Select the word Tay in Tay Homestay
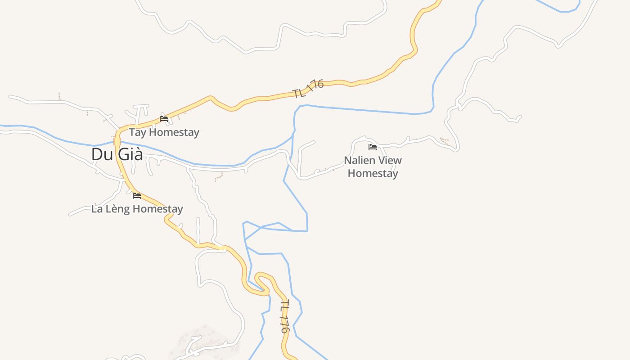pyautogui.click(x=138, y=133)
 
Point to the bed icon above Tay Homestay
pyautogui.click(x=164, y=119)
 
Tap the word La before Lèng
pyautogui.click(x=97, y=209)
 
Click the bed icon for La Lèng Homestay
pyautogui.click(x=137, y=195)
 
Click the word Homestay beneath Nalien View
pyautogui.click(x=373, y=173)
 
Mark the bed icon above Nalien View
pyautogui.click(x=373, y=147)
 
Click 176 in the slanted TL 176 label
pyautogui.click(x=315, y=85)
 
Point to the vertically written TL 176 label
pyautogui.click(x=284, y=317)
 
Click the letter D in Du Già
pyautogui.click(x=96, y=154)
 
